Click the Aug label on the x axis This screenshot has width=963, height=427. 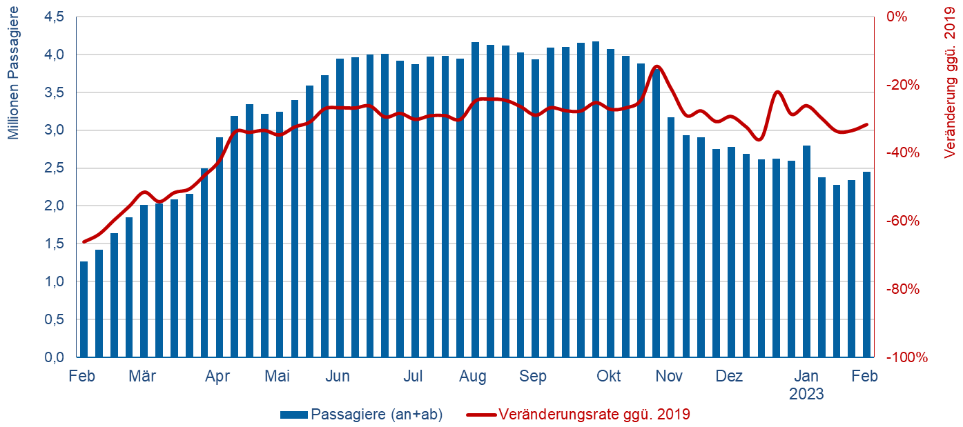[473, 377]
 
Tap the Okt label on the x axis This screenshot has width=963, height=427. [609, 377]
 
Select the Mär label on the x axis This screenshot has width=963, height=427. [142, 377]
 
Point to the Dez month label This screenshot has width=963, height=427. [729, 377]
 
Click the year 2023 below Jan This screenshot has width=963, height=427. [807, 395]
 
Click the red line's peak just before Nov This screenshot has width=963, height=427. [656, 66]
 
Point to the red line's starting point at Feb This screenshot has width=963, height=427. [84, 241]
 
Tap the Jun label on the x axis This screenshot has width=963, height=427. [338, 377]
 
